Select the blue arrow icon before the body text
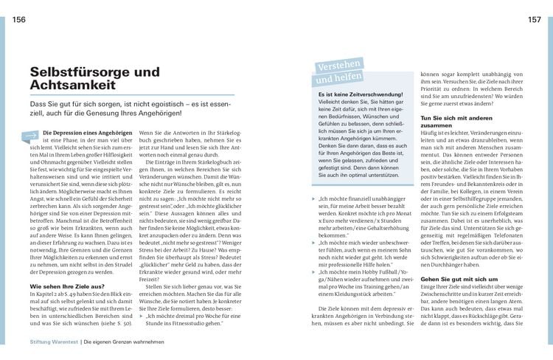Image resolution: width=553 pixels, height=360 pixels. click(32, 135)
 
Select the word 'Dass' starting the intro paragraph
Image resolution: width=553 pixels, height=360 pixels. click(37, 106)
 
